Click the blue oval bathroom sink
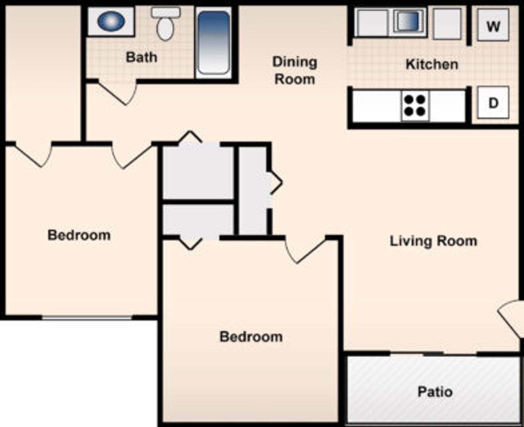(111, 21)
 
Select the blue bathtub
(213, 43)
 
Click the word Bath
(141, 57)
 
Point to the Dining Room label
(295, 70)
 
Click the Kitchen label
(432, 64)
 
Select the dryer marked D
(493, 102)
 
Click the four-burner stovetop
(415, 106)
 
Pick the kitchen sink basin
(408, 21)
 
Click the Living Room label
(433, 241)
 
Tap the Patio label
(435, 392)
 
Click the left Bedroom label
(79, 235)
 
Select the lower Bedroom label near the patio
(251, 337)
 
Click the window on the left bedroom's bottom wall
(87, 317)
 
